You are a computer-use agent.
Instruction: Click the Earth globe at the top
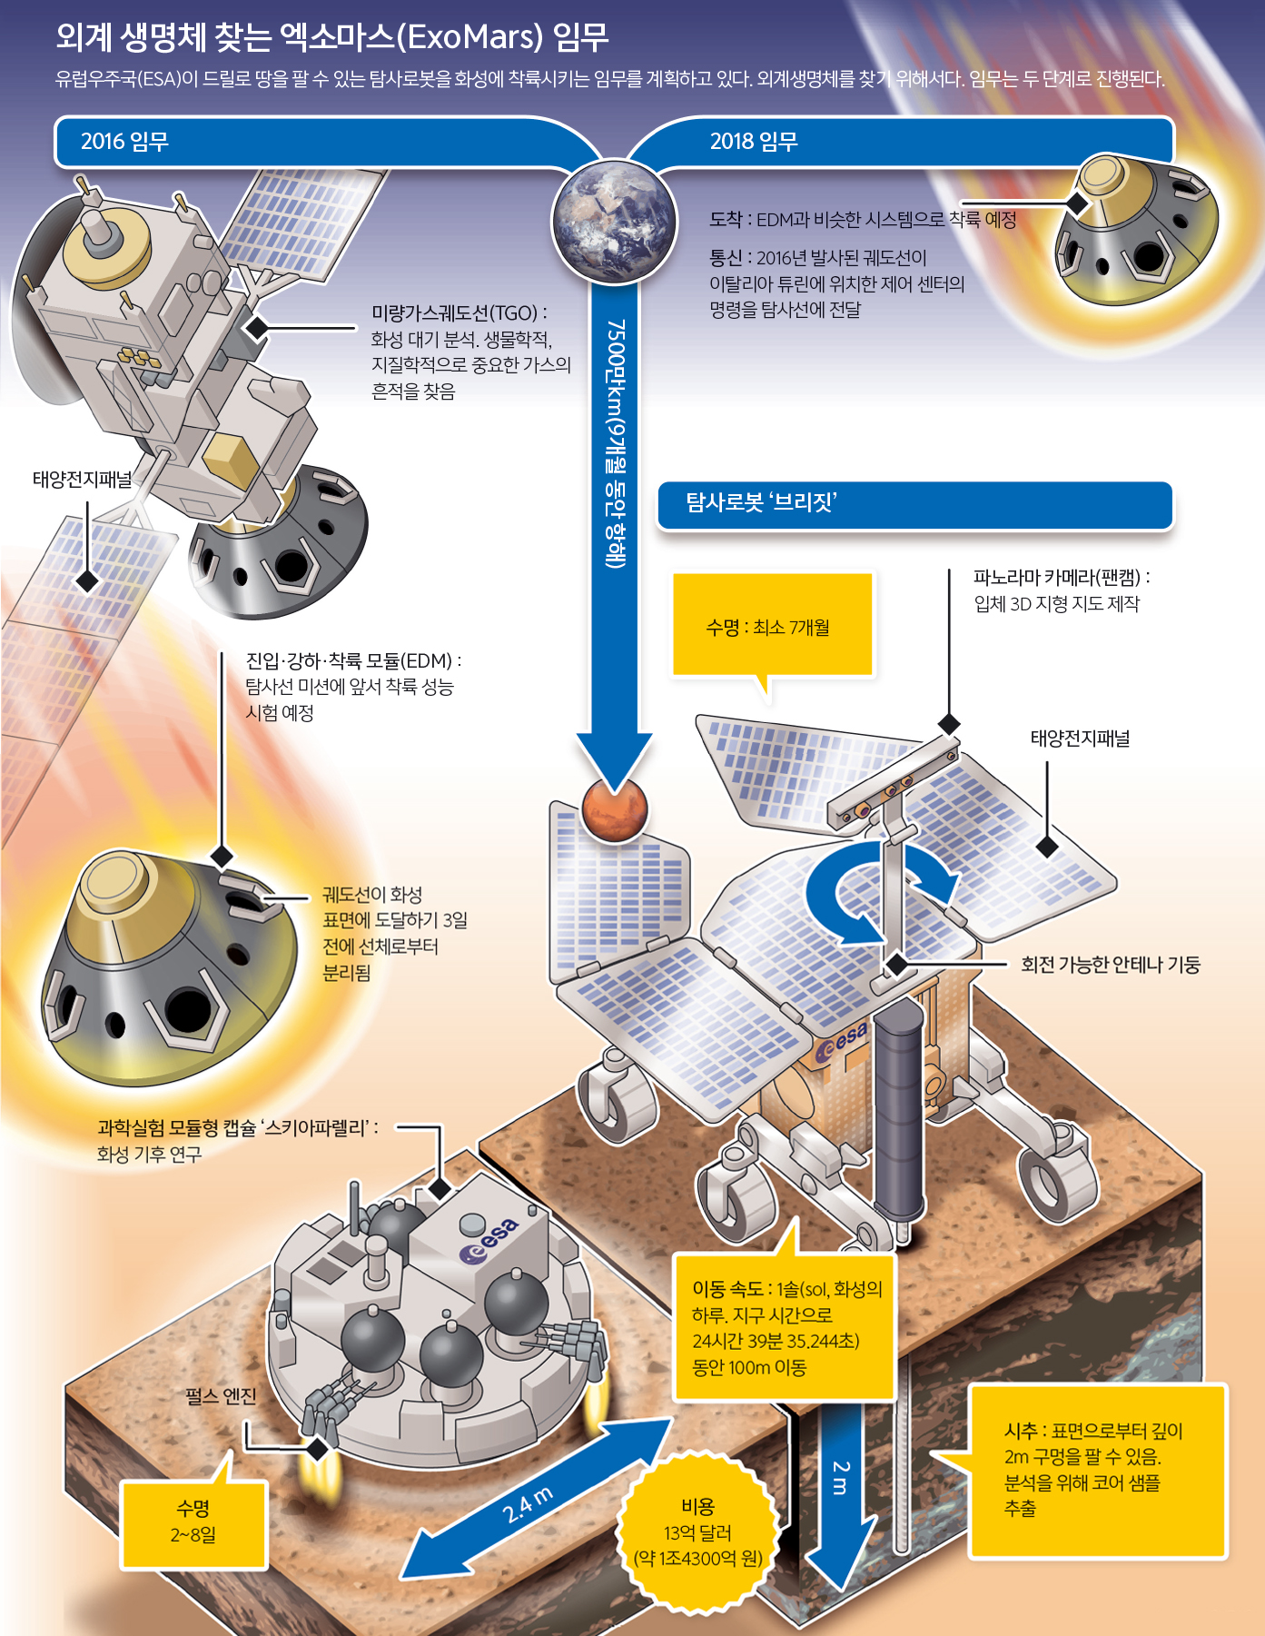pyautogui.click(x=615, y=221)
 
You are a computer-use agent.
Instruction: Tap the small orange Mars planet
pyautogui.click(x=615, y=808)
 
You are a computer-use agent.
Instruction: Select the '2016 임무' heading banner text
pyautogui.click(x=124, y=142)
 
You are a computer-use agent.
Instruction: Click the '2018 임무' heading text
pyautogui.click(x=754, y=142)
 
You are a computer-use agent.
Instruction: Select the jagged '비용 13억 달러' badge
pyautogui.click(x=698, y=1532)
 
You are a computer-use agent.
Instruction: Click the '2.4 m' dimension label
pyautogui.click(x=528, y=1504)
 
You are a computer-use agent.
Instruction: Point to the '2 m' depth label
pyautogui.click(x=840, y=1478)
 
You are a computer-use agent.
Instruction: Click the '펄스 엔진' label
pyautogui.click(x=221, y=1396)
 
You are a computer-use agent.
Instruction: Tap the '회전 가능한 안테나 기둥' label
pyautogui.click(x=1110, y=965)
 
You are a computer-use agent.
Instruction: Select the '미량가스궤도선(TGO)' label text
pyautogui.click(x=459, y=313)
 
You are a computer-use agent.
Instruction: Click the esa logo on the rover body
pyautogui.click(x=843, y=1042)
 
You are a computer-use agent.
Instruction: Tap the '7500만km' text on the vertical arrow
pyautogui.click(x=616, y=363)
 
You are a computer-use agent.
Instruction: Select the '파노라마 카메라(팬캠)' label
pyautogui.click(x=1061, y=577)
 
